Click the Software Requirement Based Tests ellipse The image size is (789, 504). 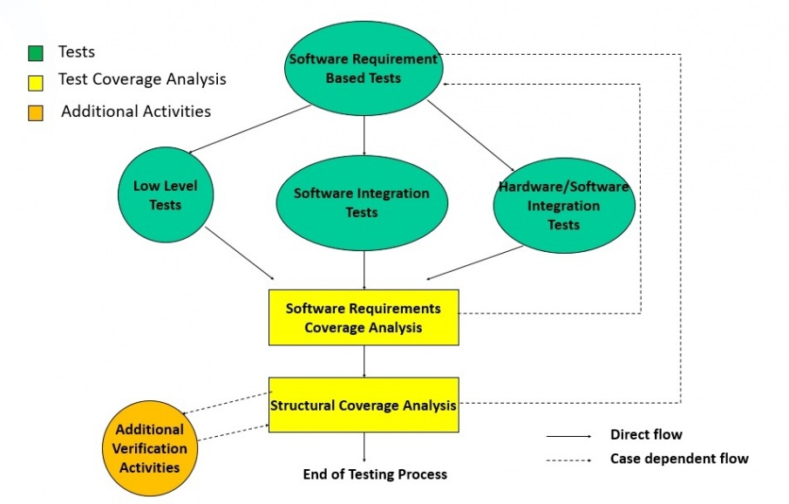(364, 69)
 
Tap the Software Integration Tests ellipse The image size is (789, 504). (362, 202)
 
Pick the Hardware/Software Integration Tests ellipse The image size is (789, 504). (563, 206)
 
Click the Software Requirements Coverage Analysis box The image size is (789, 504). (364, 318)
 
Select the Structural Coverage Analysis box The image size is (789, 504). (364, 405)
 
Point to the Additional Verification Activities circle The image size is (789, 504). (149, 447)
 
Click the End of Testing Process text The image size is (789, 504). (375, 474)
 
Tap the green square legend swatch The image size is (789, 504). (35, 53)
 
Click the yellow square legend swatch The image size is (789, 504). (35, 81)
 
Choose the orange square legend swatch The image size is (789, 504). (35, 112)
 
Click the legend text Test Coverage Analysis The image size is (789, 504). (142, 79)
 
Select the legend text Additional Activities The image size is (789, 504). (136, 112)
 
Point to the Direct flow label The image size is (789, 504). (646, 434)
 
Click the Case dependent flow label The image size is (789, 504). (679, 458)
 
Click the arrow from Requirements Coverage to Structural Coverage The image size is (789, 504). (364, 361)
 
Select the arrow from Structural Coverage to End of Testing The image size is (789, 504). (364, 446)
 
